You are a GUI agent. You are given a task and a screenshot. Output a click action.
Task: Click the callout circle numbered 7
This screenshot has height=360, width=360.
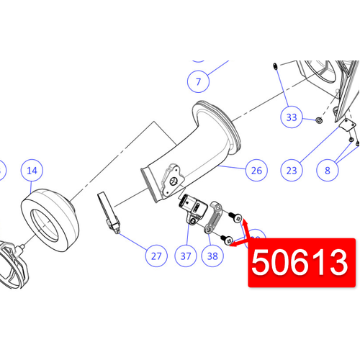point(199,81)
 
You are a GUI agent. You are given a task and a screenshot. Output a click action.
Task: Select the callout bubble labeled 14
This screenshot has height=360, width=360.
point(32,171)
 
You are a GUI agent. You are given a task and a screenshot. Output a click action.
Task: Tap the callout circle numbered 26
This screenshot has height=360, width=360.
point(256,171)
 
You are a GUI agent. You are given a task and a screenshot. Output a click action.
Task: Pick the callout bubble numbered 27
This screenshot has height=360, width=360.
point(156,255)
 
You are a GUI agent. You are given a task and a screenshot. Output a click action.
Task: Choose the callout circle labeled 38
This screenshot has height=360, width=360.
point(212,255)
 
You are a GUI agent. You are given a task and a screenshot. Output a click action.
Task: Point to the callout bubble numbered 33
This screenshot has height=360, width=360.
point(292,117)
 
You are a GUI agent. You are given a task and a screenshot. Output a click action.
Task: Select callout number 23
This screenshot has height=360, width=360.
point(292,171)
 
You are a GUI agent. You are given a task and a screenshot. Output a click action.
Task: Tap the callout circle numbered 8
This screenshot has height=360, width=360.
point(328,171)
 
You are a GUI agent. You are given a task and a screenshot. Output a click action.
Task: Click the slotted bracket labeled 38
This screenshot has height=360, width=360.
point(213,218)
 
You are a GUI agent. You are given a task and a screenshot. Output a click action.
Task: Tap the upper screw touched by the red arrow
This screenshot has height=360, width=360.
point(235,217)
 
